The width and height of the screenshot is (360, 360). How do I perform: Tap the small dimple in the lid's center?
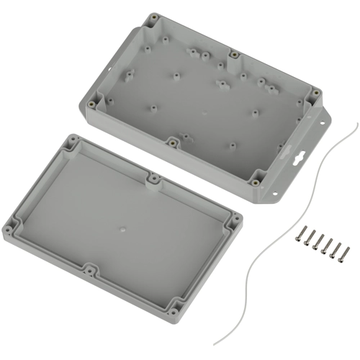pyautogui.click(x=122, y=230)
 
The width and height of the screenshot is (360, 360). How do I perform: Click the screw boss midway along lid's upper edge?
pyautogui.click(x=153, y=176)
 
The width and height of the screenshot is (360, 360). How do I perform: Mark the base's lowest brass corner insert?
pyautogui.click(x=254, y=181)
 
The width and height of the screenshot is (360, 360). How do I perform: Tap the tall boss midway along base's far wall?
pyautogui.click(x=235, y=55)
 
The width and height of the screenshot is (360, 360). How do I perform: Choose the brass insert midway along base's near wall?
pyautogui.click(x=174, y=140)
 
